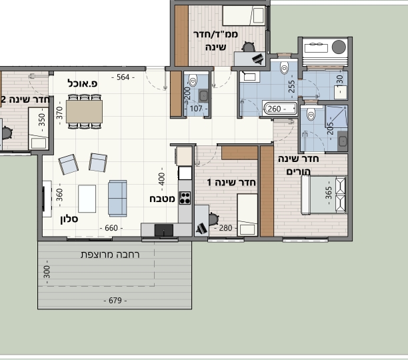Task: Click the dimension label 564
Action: click(x=123, y=77)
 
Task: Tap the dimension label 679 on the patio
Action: click(x=115, y=301)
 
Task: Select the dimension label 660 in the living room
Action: click(x=111, y=228)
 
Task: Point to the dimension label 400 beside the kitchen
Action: click(x=161, y=179)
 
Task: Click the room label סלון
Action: click(x=69, y=219)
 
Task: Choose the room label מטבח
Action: click(x=162, y=199)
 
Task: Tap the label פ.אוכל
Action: click(x=83, y=83)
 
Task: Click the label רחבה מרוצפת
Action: click(x=110, y=255)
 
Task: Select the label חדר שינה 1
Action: click(x=231, y=183)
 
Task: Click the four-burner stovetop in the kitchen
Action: click(x=185, y=198)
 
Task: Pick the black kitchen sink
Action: click(x=164, y=230)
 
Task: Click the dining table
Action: click(x=84, y=111)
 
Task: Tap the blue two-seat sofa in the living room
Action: click(x=117, y=198)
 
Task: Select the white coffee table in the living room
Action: click(x=87, y=199)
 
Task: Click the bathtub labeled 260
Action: click(x=280, y=109)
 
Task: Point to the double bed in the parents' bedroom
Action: click(x=324, y=195)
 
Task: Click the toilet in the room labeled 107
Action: click(x=193, y=81)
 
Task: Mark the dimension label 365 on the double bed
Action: click(x=329, y=193)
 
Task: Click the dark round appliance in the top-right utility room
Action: click(x=339, y=47)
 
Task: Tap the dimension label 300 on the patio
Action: click(x=47, y=272)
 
